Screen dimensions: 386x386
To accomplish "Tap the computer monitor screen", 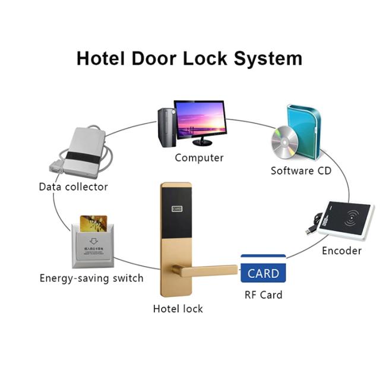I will pos(199,118).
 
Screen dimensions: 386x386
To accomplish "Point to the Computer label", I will pos(199,158).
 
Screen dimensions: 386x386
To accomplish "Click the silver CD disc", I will pos(284,142).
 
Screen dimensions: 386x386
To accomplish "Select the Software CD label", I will pos(301,171).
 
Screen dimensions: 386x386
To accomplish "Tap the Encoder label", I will pos(341,251).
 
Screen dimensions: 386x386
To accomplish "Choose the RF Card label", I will pos(263,295).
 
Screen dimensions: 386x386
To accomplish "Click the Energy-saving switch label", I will pos(91,278).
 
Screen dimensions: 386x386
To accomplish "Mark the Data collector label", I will pos(74,186).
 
